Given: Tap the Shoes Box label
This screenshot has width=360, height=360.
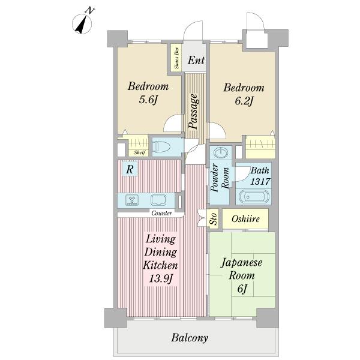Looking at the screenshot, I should click(176, 58).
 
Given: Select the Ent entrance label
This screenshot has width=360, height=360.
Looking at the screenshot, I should click(196, 60).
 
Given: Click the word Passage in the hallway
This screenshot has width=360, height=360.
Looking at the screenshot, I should click(195, 112).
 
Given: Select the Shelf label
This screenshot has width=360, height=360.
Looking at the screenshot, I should click(139, 152).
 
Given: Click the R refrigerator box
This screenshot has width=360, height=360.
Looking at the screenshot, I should click(130, 170).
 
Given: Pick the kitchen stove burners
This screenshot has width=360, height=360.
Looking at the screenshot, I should click(132, 200).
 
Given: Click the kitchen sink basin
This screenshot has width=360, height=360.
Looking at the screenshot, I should click(158, 200).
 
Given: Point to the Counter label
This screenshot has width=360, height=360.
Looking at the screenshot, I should click(161, 213).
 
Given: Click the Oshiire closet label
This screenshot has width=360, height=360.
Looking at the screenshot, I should click(245, 219).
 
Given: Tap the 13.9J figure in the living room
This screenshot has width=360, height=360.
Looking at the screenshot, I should click(159, 277).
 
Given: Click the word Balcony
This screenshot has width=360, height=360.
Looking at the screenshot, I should click(190, 338).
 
